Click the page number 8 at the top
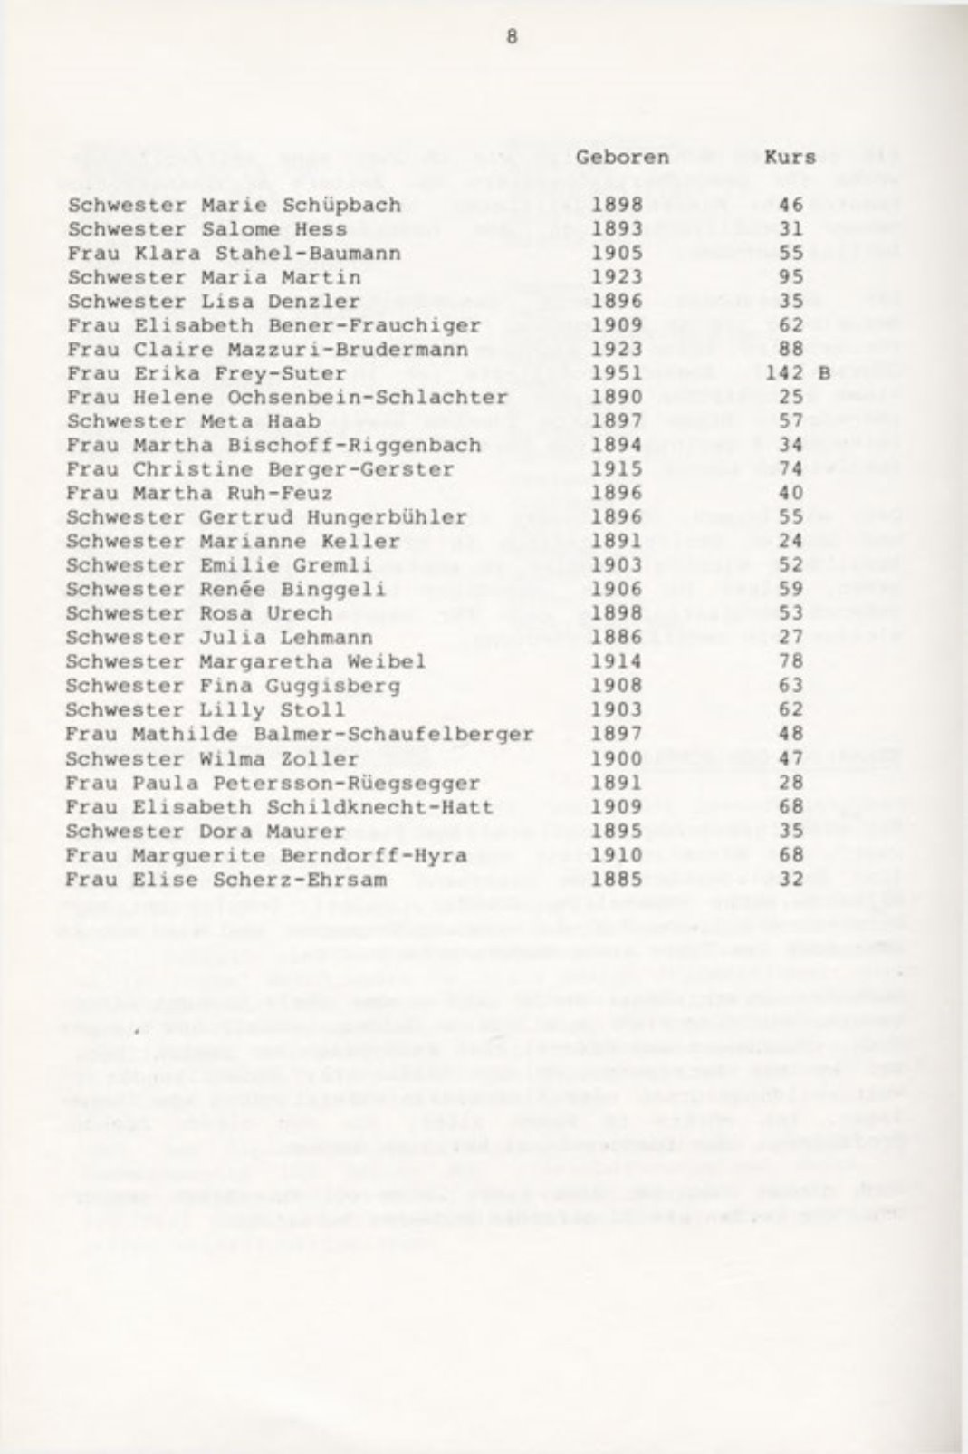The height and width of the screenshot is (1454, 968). [x=512, y=38]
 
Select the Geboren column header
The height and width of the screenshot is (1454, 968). [x=622, y=157]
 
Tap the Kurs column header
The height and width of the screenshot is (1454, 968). [x=790, y=157]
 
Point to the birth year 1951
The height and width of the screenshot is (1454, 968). [x=617, y=373]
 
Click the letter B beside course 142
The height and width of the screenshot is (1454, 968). [x=824, y=373]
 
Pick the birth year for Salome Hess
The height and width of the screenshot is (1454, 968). [x=617, y=229]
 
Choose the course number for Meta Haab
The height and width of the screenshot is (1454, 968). [x=791, y=421]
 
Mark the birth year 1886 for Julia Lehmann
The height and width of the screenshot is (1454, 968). [x=617, y=638]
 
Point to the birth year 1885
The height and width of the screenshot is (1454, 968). [x=617, y=879]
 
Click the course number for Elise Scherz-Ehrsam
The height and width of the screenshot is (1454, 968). [x=791, y=879]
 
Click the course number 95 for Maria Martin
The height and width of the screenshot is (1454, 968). [x=791, y=277]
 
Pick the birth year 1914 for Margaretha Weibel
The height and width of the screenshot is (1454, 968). [x=617, y=662]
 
